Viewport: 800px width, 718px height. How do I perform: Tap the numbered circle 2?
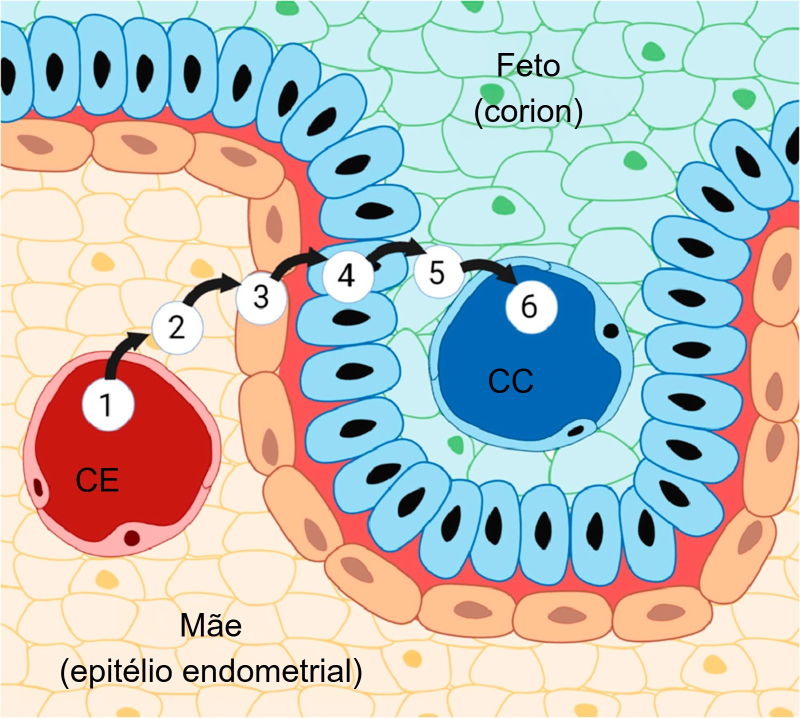(177, 327)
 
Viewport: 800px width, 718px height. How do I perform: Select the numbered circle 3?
(261, 297)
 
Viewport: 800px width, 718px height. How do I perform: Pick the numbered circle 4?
(347, 275)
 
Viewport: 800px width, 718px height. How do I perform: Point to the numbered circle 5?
(436, 272)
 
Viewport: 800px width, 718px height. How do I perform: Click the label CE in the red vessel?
(97, 480)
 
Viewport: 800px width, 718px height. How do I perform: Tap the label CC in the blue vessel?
(510, 381)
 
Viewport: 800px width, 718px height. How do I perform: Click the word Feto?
(528, 66)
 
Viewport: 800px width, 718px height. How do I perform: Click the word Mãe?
(211, 626)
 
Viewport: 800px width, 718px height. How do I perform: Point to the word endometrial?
(272, 670)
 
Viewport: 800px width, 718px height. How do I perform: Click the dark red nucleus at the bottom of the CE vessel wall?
(132, 538)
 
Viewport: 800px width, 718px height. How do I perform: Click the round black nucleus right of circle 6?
(610, 330)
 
